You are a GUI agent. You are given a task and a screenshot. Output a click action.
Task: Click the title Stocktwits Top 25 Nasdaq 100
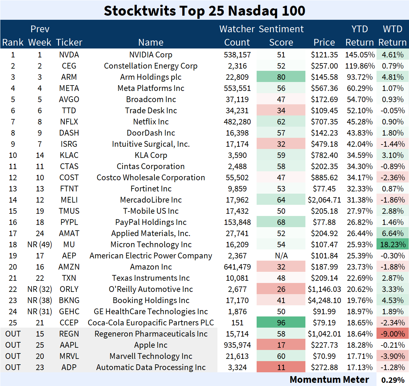(x=204, y=11)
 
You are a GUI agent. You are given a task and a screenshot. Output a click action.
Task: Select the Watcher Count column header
(x=237, y=35)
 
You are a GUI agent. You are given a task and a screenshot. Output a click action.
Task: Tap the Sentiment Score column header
(x=281, y=35)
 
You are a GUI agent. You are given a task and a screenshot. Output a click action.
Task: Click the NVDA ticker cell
(x=69, y=55)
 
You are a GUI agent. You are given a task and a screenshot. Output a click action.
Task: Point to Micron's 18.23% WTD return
(x=393, y=245)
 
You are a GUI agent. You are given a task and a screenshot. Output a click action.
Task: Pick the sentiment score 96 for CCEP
(x=281, y=323)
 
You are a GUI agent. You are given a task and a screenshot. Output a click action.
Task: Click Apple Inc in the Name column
(x=151, y=345)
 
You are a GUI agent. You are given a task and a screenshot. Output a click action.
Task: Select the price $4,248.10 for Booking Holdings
(x=324, y=301)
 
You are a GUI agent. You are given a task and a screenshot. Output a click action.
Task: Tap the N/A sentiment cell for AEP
(x=281, y=256)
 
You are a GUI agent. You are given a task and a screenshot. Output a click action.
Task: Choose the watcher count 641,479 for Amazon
(x=237, y=267)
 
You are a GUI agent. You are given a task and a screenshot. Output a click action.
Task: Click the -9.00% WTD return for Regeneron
(x=393, y=334)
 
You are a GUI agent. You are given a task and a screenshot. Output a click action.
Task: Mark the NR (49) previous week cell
(x=40, y=245)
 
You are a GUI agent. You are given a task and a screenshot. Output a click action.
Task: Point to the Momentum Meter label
(x=329, y=380)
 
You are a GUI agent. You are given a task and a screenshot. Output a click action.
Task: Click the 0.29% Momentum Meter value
(x=393, y=380)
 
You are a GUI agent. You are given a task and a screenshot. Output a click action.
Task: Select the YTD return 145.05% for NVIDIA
(x=360, y=55)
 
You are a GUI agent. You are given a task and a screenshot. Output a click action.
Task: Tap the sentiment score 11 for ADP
(x=281, y=367)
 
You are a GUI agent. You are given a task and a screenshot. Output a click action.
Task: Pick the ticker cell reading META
(x=69, y=88)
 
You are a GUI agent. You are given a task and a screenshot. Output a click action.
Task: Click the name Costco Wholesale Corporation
(x=151, y=178)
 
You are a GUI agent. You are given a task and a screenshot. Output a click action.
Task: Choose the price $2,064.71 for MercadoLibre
(x=324, y=200)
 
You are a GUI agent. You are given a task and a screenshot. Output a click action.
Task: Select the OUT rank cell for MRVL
(x=13, y=356)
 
